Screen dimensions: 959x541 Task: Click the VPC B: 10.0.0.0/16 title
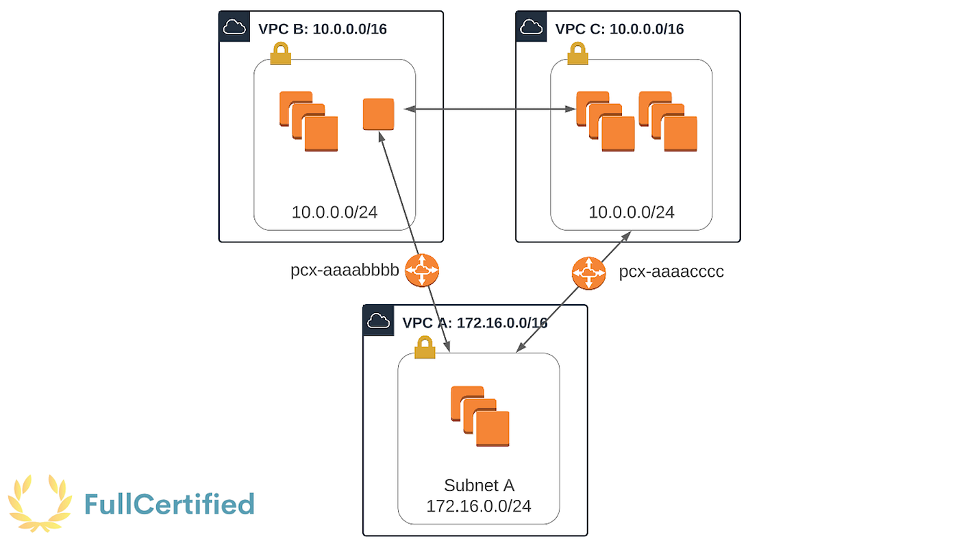(x=323, y=29)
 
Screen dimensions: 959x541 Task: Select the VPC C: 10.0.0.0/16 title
(x=619, y=29)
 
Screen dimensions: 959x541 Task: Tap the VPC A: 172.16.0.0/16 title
(x=475, y=323)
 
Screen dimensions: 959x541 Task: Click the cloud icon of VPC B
(x=234, y=27)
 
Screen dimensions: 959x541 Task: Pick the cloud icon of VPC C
(x=532, y=27)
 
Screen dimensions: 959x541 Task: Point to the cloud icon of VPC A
(x=378, y=320)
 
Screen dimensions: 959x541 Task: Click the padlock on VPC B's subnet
(x=281, y=53)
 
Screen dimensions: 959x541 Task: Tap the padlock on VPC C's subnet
(x=577, y=53)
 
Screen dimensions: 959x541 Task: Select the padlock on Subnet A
(x=425, y=347)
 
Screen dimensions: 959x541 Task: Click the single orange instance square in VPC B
(x=378, y=114)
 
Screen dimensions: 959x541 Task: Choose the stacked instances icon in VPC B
(x=309, y=121)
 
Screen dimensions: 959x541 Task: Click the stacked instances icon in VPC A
(x=480, y=416)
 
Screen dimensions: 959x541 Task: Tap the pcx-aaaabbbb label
(x=345, y=270)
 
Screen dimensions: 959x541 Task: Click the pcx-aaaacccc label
(x=671, y=271)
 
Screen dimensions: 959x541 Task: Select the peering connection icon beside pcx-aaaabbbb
(x=422, y=270)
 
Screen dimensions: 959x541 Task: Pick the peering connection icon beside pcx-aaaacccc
(x=588, y=273)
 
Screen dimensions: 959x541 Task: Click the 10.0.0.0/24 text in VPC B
(x=334, y=212)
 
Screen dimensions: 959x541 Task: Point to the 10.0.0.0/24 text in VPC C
(x=632, y=212)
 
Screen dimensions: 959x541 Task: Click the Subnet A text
(x=479, y=486)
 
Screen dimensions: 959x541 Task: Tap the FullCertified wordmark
(x=170, y=504)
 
